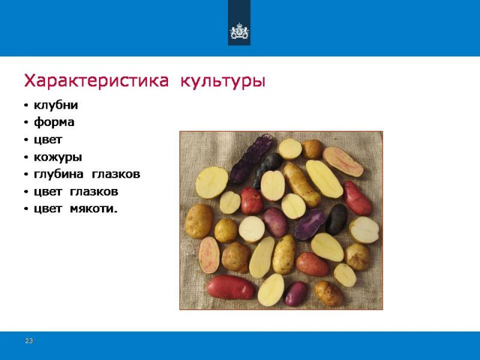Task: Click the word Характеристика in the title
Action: (97, 80)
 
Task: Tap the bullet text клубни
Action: (56, 105)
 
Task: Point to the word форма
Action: (54, 122)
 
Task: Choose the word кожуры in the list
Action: (58, 157)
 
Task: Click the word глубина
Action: (58, 174)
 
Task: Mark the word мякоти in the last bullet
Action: (94, 209)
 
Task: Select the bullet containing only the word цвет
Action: (48, 140)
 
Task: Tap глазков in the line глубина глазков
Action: (116, 175)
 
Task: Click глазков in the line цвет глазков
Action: (94, 192)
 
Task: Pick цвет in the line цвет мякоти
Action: (48, 209)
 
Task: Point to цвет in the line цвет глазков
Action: (48, 192)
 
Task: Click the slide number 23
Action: (29, 341)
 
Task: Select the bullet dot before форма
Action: (26, 123)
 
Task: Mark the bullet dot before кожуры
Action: (26, 158)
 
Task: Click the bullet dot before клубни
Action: (26, 106)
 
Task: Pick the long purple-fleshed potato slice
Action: (251, 158)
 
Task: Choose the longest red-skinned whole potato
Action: (230, 287)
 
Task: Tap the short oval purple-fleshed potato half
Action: (310, 224)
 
